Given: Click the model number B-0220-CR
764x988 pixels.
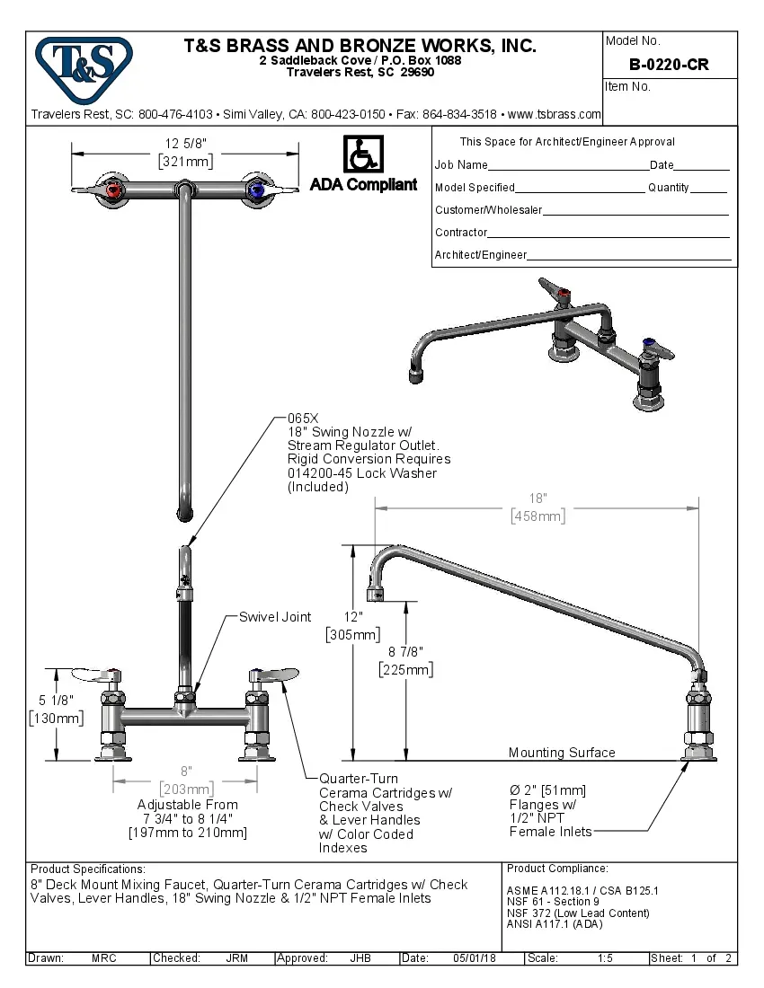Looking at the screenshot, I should tap(669, 65).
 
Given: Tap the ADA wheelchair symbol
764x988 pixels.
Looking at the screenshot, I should tap(363, 154).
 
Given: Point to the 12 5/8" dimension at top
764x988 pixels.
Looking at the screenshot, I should tap(186, 144).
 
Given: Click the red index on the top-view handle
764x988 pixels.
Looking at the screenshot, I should tap(113, 190).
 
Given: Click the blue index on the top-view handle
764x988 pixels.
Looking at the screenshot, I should tap(258, 190).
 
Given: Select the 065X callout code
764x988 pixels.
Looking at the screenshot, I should tap(303, 419).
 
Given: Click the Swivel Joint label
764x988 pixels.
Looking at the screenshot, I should tap(275, 617).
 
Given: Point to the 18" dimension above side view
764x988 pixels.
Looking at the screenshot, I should tap(537, 498).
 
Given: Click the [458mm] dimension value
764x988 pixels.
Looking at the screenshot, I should tap(537, 516).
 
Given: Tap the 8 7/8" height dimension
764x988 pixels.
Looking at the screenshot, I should tap(405, 652).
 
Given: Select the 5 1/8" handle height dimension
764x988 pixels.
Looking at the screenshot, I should tap(57, 700).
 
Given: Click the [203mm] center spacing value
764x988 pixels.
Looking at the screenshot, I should tap(186, 790).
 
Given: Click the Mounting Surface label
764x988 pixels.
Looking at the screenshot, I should tap(562, 753).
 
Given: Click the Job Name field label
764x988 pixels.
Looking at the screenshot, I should tap(461, 165).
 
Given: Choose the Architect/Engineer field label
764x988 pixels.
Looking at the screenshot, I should tap(481, 255).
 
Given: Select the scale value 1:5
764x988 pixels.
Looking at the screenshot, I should tap(606, 958).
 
